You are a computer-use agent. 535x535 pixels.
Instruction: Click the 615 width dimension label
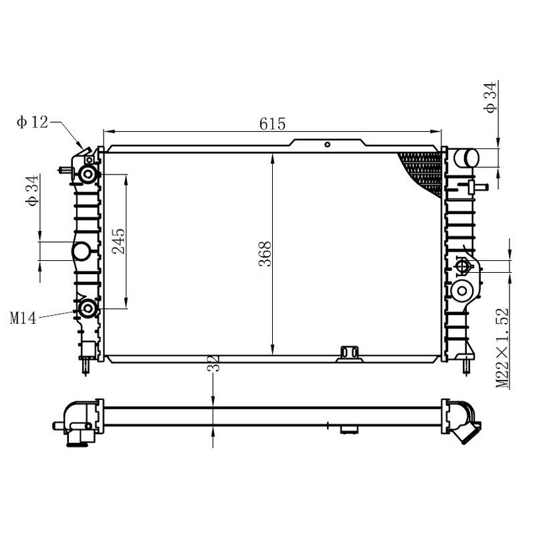[272, 124]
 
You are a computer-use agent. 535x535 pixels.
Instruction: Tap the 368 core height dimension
[265, 254]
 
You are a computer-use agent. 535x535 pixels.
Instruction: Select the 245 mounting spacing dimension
[119, 241]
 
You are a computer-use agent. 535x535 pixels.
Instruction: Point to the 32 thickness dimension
[213, 362]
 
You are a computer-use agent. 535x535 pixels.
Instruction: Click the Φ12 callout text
[32, 122]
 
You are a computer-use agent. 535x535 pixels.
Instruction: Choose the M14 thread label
[23, 318]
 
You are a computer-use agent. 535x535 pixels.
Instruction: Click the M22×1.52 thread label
[502, 348]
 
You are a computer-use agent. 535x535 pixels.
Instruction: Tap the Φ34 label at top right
[490, 97]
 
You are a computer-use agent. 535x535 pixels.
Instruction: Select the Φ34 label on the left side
[31, 191]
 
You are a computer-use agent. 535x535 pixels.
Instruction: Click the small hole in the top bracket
[327, 144]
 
